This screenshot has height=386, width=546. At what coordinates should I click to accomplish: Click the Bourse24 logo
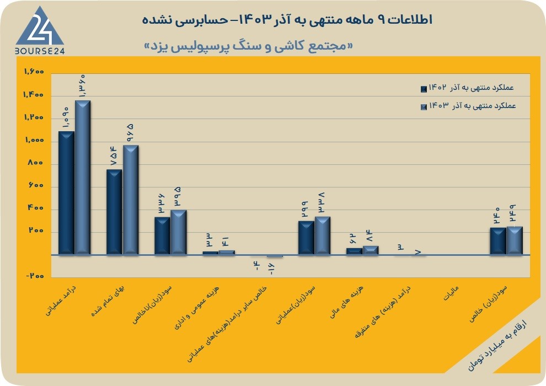point(40,31)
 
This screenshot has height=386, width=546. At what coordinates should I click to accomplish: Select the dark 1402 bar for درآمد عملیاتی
point(66,193)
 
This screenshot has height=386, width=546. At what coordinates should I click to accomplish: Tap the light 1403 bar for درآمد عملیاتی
point(83,178)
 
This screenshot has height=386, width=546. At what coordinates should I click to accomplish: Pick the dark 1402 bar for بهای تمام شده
point(114,212)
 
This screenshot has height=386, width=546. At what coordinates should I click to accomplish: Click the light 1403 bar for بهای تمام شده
point(131,200)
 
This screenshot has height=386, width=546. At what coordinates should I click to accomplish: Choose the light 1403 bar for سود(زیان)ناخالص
point(179,232)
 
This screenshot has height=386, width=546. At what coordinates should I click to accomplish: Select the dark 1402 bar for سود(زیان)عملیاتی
point(306,238)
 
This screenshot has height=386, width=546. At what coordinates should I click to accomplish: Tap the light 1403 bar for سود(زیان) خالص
point(515,240)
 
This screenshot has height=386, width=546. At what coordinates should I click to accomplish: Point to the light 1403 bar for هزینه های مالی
point(371,250)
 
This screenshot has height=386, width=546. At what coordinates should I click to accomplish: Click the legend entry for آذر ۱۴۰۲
point(467,88)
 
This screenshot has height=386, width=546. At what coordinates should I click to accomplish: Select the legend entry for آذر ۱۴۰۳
point(468,106)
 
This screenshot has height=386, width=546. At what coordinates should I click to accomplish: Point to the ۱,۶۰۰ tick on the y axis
point(34,72)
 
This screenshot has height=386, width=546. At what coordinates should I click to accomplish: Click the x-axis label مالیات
point(451,293)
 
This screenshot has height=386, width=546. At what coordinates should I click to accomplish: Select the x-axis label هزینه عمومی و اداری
point(197,308)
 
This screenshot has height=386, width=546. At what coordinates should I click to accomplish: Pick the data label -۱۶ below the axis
point(271,269)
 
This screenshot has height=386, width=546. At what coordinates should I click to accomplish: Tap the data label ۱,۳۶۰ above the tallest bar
point(83,86)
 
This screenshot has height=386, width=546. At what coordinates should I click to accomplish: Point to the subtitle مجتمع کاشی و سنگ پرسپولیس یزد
point(248,46)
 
